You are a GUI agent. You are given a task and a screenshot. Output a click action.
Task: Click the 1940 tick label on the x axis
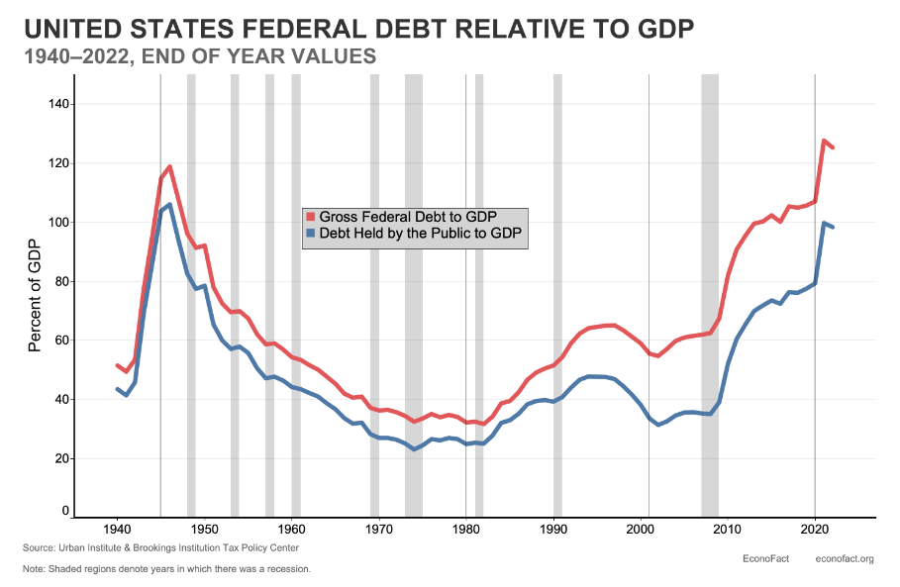[117, 531]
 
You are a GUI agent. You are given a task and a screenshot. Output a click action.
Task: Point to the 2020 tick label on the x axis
[815, 531]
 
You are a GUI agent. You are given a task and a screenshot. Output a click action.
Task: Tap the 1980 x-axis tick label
[465, 531]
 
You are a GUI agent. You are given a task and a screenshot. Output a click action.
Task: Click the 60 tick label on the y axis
[61, 341]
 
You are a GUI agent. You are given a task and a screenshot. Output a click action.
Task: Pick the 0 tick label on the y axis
[65, 511]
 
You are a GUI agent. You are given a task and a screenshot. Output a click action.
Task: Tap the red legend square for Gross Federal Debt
[310, 217]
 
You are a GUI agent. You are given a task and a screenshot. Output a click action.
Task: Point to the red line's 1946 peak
[169, 166]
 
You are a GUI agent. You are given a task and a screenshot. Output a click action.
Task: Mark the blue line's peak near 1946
[169, 205]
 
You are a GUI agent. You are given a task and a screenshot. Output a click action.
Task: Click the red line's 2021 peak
[824, 141]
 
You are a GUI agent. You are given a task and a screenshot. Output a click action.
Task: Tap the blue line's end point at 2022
[833, 228]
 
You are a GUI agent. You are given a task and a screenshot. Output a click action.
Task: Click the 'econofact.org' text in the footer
[844, 559]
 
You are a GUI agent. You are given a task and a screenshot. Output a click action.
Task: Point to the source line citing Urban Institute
[160, 547]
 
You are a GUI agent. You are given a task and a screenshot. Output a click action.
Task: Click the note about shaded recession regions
[166, 569]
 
